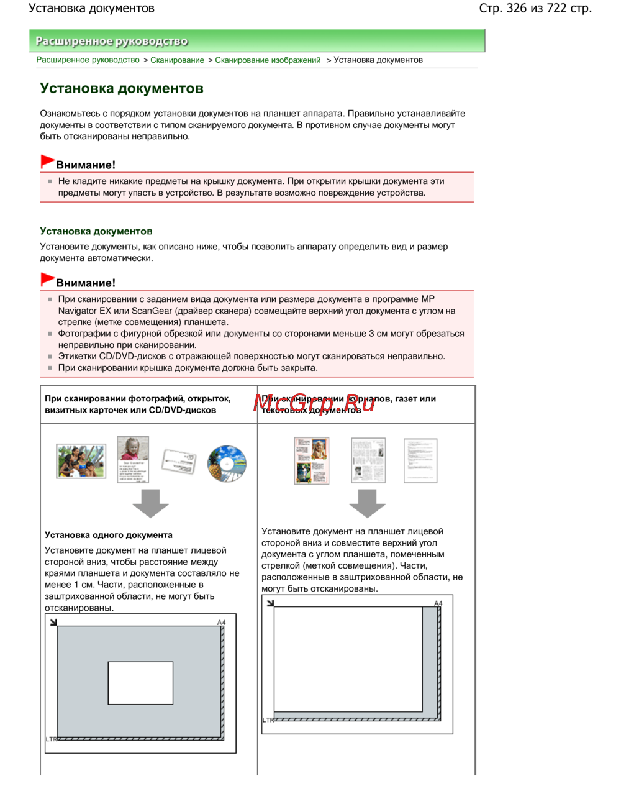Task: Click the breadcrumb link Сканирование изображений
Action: coord(268,60)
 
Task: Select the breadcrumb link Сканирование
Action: coord(177,60)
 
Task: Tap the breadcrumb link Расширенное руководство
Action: coord(88,60)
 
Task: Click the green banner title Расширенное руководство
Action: coord(112,41)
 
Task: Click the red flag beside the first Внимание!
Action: coord(47,162)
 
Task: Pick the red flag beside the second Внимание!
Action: coord(47,280)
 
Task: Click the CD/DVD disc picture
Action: coord(227,463)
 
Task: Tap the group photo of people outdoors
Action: coord(81,460)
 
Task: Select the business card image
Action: coord(179,462)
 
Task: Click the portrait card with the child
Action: coord(133,459)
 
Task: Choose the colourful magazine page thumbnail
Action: coord(312,460)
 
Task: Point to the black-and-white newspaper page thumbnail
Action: coord(368,460)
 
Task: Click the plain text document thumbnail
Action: coord(420,460)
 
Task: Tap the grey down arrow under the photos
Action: coord(150,503)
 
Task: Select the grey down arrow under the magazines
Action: coord(367,503)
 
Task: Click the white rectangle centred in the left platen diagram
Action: coord(140,683)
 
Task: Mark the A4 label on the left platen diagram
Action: coord(221,622)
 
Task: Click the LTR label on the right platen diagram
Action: coord(268,720)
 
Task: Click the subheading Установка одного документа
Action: coord(109,535)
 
